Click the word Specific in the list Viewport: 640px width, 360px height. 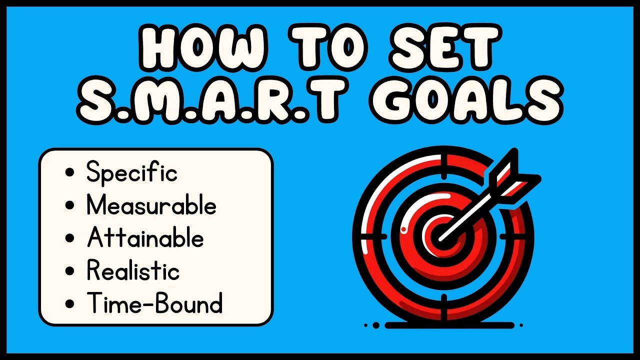tap(132, 173)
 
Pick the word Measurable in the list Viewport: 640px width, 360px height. tap(151, 205)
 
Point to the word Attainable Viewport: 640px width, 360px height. tap(145, 238)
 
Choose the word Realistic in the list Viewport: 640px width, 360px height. tap(133, 271)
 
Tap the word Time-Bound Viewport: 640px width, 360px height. tap(154, 303)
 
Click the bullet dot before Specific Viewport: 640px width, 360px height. tap(70, 173)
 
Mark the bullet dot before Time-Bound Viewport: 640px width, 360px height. tap(70, 304)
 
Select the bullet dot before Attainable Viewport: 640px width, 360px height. tap(70, 238)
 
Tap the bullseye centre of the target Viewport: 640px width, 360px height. tap(440, 235)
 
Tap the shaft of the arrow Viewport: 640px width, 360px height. tap(467, 212)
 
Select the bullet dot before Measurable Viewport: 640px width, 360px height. tap(70, 206)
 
